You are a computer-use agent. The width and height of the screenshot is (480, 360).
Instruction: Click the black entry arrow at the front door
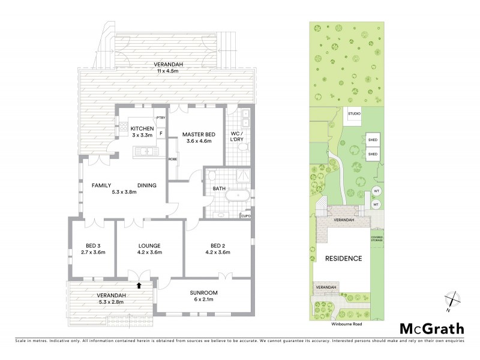pos(139,286)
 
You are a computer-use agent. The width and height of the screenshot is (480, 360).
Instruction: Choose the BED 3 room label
pos(92,245)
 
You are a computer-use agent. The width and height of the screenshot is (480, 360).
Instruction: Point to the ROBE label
pos(172,160)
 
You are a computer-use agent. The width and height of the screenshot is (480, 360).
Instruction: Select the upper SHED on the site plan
pos(372,140)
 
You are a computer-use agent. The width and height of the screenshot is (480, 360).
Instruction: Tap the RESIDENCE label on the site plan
pos(343,259)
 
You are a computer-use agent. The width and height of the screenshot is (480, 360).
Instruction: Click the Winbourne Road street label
pos(345,323)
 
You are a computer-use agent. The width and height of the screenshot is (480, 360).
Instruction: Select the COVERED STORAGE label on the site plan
pos(377,239)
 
